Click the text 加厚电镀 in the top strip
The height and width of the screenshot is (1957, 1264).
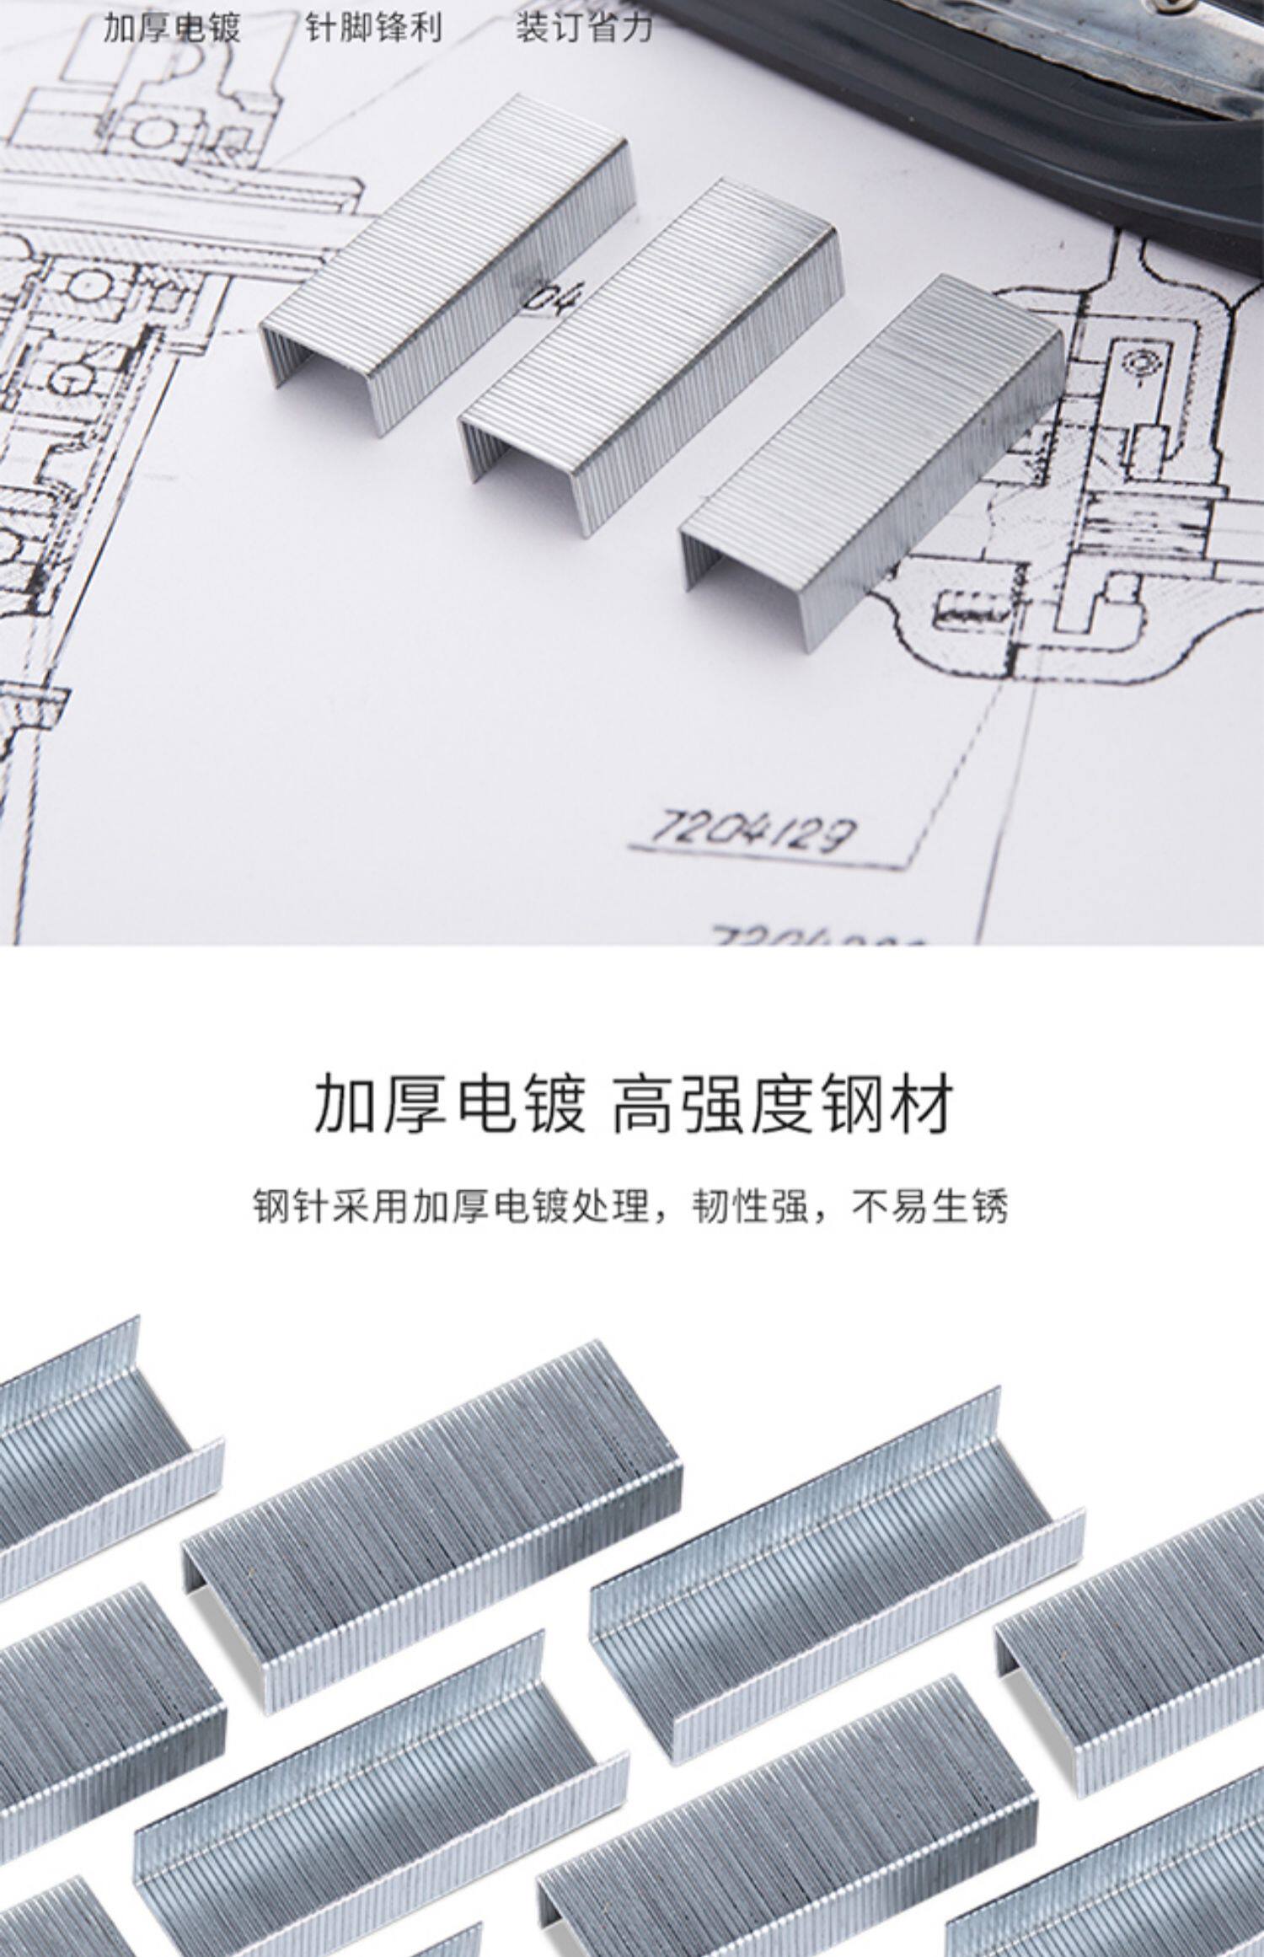point(172,28)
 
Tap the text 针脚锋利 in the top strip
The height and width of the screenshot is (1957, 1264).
point(373,28)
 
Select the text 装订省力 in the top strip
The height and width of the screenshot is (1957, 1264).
point(584,28)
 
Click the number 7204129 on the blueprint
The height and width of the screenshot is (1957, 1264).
point(749,832)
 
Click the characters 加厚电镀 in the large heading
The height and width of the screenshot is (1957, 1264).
point(449,1103)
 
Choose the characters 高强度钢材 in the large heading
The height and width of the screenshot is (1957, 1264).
point(784,1103)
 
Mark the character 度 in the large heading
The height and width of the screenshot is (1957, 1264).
point(785,1103)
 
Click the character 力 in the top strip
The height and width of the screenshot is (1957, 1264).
point(637,28)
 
